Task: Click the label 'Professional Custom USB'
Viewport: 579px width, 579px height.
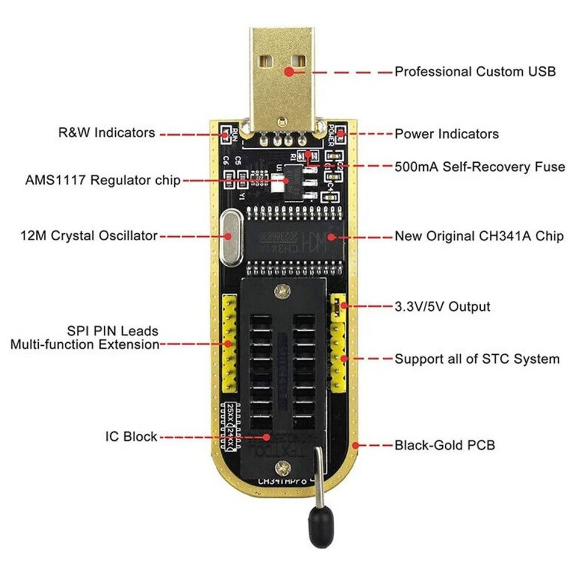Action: [475, 72]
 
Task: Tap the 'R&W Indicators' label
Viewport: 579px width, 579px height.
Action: [107, 133]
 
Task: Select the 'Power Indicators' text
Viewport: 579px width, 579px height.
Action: [446, 134]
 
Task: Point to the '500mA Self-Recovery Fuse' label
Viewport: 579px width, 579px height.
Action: [479, 167]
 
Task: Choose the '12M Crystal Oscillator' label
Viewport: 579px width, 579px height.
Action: [87, 236]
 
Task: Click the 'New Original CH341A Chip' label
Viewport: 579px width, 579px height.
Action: [479, 236]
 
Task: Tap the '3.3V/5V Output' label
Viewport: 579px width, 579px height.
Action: [442, 306]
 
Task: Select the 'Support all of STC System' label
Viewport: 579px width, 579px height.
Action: [477, 359]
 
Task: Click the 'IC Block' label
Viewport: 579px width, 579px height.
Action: [131, 436]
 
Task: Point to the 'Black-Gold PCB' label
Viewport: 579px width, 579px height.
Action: [445, 445]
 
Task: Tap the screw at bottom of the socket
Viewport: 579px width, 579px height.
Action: [283, 465]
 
